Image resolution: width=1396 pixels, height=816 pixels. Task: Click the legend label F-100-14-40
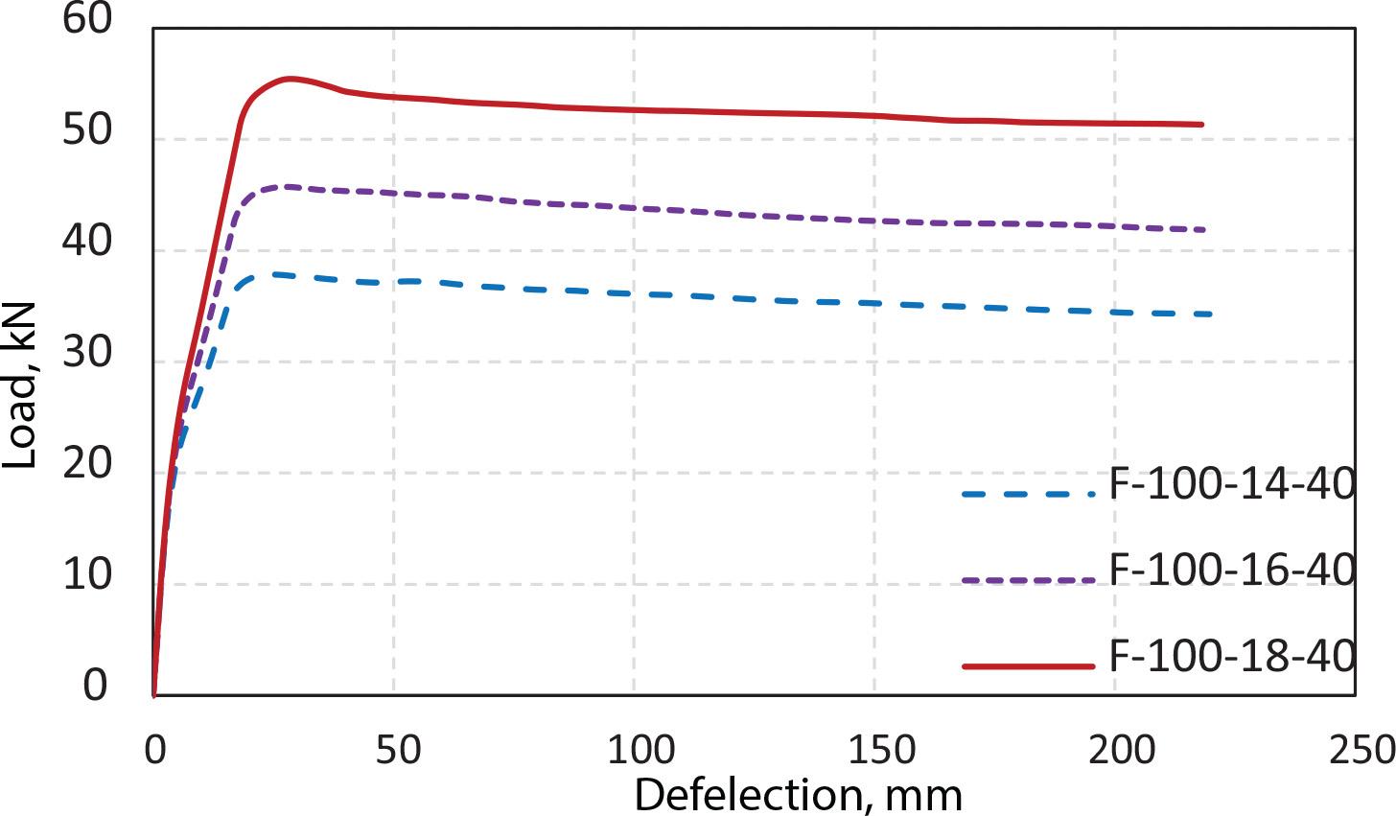(x=1231, y=484)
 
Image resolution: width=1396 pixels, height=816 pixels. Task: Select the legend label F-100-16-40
(x=1231, y=571)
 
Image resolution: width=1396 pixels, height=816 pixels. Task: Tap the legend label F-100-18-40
(x=1231, y=657)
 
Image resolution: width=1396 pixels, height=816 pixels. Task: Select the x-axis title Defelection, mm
(x=798, y=795)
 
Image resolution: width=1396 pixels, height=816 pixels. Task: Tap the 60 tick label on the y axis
(x=87, y=19)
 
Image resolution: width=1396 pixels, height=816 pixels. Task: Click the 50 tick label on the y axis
(x=87, y=130)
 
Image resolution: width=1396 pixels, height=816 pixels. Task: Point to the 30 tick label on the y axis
(x=87, y=353)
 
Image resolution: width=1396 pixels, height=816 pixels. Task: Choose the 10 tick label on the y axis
(x=87, y=575)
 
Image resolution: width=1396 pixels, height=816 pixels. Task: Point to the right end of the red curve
(x=1201, y=124)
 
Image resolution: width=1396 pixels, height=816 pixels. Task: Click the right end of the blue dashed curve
(x=1211, y=314)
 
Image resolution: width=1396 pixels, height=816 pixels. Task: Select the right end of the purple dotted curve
(x=1204, y=230)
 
